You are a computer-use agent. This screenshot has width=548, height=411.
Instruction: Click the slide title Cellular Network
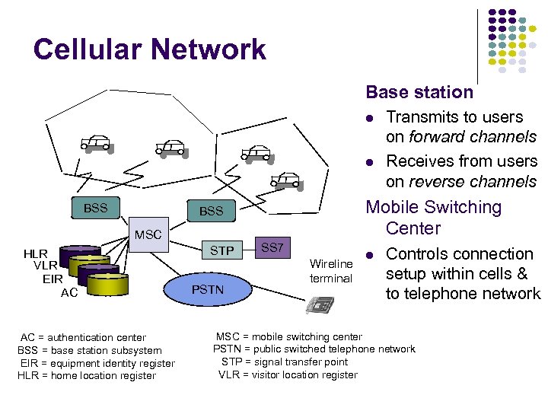pos(149,50)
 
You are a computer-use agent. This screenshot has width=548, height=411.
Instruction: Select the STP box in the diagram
pos(222,250)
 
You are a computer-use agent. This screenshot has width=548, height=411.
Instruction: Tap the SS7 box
pos(272,248)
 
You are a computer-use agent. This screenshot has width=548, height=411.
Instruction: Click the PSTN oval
pos(207,289)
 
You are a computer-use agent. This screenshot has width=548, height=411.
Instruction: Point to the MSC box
pos(148,234)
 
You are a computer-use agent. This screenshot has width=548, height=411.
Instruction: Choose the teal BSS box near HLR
pos(95,208)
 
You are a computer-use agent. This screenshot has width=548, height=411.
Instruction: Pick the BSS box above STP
pos(211,211)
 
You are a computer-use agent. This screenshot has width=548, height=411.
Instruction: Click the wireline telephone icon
pos(320,305)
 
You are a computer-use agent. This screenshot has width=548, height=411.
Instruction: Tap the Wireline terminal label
pos(331,271)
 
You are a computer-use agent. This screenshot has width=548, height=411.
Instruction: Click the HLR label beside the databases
pos(35,253)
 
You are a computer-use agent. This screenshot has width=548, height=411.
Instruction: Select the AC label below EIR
pos(69,292)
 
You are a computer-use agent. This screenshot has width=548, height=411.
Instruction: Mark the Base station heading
pos(419,92)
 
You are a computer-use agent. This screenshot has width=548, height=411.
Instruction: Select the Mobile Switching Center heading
pos(434,218)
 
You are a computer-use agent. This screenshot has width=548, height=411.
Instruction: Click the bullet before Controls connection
pos(369,254)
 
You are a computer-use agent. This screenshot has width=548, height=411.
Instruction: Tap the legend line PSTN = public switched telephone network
pos(314,349)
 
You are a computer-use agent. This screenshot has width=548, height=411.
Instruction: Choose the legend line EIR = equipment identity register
pos(97,363)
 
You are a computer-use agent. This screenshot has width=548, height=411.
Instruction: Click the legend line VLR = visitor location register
pos(288,374)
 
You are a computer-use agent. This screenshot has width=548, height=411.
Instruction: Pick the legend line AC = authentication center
pos(83,337)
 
